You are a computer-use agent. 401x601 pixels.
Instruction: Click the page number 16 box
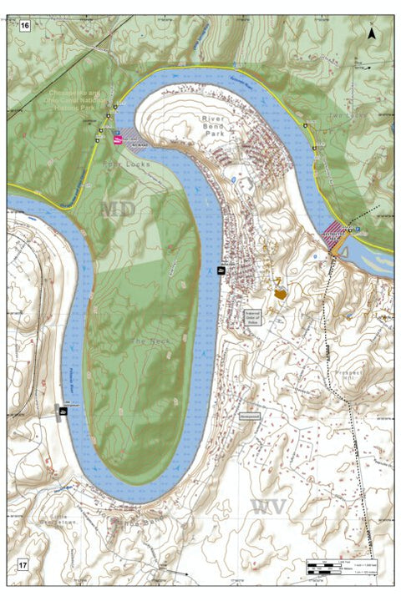(x=24, y=27)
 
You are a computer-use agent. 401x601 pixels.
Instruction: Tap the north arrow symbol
(x=372, y=33)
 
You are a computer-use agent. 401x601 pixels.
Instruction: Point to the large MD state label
(x=117, y=209)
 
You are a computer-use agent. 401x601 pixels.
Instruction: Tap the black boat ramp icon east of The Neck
(x=221, y=270)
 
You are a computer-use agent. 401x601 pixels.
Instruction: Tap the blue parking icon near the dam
(x=358, y=227)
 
